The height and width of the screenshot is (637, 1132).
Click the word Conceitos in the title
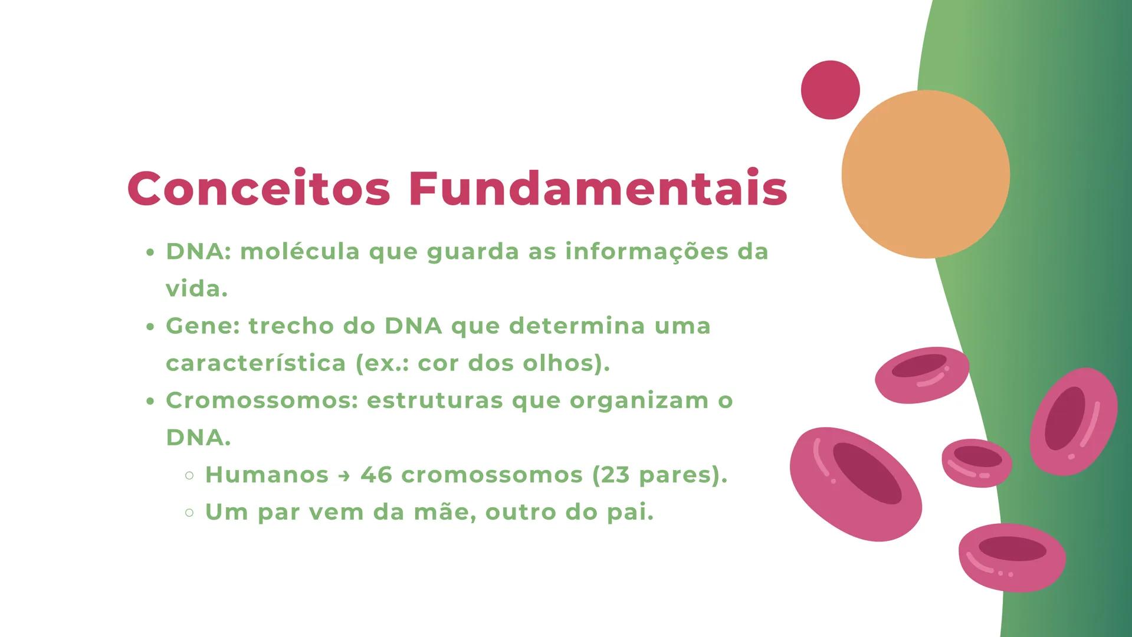tap(259, 189)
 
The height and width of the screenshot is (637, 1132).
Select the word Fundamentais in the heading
tap(598, 189)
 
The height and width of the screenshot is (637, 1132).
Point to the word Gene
tap(199, 326)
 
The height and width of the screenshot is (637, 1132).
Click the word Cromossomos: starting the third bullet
tap(262, 400)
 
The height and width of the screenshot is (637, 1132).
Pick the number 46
tap(376, 475)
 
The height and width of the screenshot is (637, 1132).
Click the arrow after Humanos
tap(344, 475)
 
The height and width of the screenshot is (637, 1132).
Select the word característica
tap(255, 363)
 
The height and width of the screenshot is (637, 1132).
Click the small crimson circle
tap(830, 90)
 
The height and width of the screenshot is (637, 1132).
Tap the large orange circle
tap(925, 174)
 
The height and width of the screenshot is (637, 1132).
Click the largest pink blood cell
tap(855, 484)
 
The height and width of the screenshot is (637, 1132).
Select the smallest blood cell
tap(976, 462)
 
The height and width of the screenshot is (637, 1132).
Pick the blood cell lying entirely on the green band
tap(1073, 421)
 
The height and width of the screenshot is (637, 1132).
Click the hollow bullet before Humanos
tap(189, 475)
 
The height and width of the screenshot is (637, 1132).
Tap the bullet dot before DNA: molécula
tap(150, 253)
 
